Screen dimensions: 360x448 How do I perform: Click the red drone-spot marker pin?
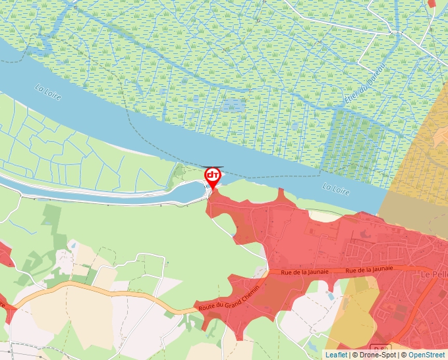point(213,176)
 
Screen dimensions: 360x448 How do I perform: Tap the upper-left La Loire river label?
point(49,92)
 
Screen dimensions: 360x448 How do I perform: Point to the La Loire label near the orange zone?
point(335,188)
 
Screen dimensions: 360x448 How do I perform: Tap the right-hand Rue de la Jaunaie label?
point(369,269)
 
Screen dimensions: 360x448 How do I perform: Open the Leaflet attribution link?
point(336,355)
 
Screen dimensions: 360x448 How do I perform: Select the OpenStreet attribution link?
point(426,355)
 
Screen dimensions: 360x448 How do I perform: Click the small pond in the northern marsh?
point(232,105)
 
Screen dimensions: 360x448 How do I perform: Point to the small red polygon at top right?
point(432,3)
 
